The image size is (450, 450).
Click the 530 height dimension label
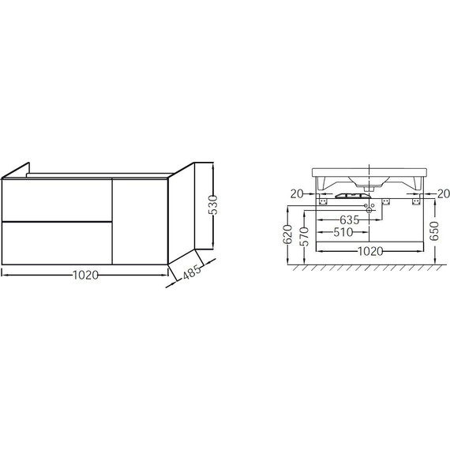tap(214, 205)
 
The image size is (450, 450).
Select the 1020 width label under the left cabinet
tap(86, 276)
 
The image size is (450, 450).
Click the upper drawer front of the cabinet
tap(57, 200)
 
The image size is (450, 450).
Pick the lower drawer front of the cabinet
tap(57, 243)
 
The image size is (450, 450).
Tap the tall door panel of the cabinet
tap(140, 221)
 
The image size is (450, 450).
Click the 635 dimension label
tap(349, 220)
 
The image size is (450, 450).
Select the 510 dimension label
tap(343, 232)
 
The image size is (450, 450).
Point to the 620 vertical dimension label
tap(288, 234)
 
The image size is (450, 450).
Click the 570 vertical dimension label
tap(304, 237)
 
